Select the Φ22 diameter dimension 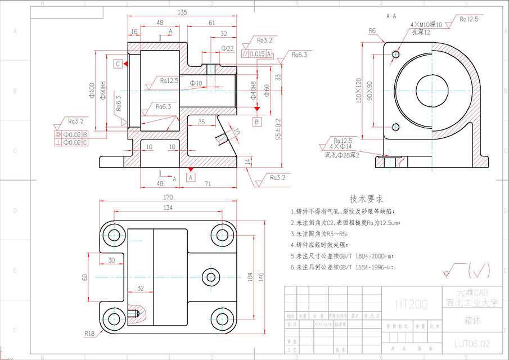(228, 49)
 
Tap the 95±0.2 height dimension (278, 131)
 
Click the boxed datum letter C (118, 64)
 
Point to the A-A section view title (391, 16)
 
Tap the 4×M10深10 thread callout (426, 24)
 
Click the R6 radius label (372, 30)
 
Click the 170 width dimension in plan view (168, 197)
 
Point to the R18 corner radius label (89, 334)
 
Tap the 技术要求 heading (366, 199)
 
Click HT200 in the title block (411, 304)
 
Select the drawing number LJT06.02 (472, 343)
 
